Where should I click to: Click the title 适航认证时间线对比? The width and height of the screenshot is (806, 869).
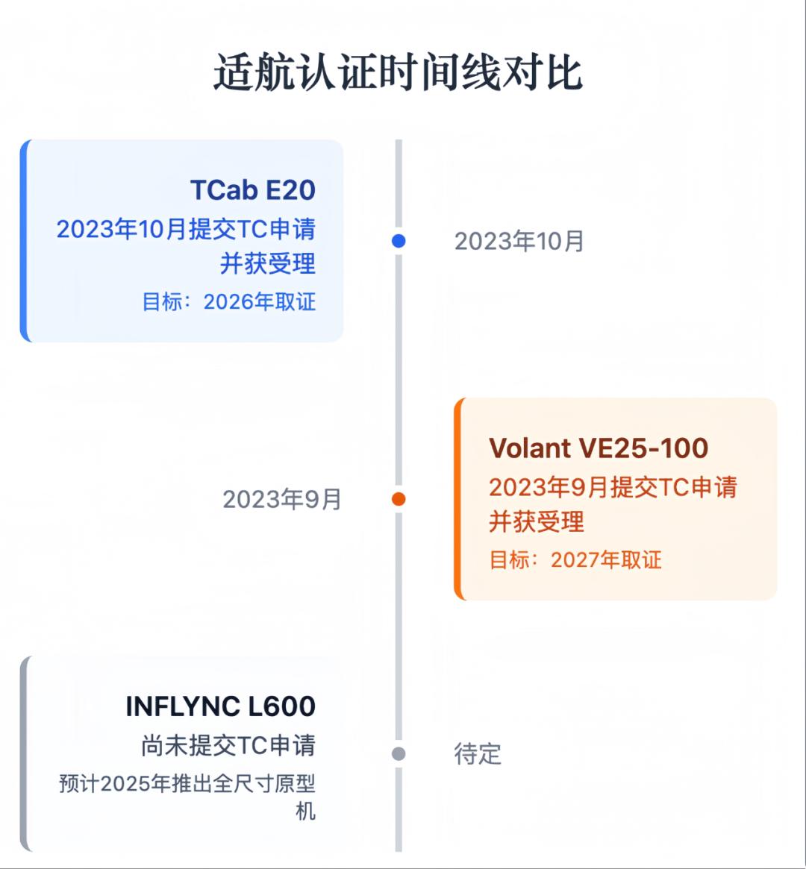[398, 73]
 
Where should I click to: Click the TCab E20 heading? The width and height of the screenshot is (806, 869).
[253, 190]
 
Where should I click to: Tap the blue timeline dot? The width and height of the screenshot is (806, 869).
[399, 241]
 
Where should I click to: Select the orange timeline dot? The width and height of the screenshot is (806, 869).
[399, 499]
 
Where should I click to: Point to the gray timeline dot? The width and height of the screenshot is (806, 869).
[399, 754]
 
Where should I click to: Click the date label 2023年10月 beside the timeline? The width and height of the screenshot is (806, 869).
[519, 242]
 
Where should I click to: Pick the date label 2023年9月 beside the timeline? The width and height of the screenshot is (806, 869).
[282, 500]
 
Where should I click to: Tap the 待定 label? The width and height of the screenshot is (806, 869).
[478, 754]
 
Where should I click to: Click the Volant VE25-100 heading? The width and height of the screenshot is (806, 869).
[599, 448]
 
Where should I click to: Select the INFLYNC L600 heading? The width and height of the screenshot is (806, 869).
[221, 706]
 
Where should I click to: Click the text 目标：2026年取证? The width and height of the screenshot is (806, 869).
[229, 302]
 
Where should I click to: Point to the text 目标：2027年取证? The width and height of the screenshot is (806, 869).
[575, 560]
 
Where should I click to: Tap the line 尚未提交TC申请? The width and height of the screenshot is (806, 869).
[228, 745]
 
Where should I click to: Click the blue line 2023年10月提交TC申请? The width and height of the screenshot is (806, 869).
[186, 229]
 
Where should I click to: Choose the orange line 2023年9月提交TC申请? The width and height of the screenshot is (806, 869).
[613, 487]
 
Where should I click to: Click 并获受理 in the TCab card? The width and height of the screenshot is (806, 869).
[268, 263]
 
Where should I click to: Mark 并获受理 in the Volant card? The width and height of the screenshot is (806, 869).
[537, 521]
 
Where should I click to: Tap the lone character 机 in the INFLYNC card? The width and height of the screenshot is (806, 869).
[306, 811]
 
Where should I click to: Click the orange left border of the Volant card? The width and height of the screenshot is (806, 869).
[457, 499]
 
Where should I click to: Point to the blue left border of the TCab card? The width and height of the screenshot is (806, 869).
[24, 241]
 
